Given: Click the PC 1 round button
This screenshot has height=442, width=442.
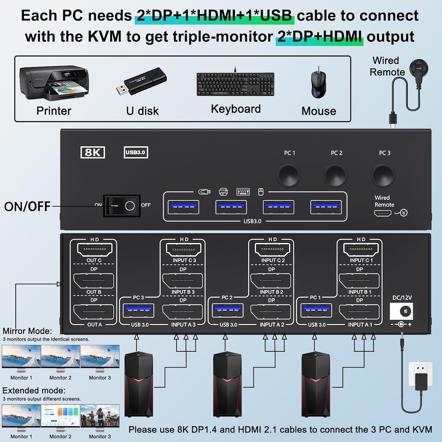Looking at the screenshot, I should pos(289,176).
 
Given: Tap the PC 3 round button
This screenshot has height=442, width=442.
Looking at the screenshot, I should pos(383,176).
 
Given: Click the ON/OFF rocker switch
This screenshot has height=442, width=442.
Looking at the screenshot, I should pos(122,206).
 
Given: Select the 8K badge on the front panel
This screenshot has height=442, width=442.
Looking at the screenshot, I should pos(93,152).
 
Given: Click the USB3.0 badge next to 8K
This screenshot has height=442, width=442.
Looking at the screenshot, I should pos(136,152).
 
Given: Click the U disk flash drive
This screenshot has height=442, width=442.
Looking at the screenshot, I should pos(141,81).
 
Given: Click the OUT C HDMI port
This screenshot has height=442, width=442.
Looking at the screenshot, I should pos(95,250).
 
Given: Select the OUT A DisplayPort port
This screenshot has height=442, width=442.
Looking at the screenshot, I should pos(94,312).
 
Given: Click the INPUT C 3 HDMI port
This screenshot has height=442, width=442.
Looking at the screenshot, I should pos(184,250).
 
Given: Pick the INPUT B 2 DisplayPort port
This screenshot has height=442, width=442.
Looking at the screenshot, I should pos(271,280).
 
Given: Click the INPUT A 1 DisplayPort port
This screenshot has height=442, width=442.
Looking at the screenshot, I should pos(359,312).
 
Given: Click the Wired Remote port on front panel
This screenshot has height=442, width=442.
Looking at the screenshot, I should pos(383,213).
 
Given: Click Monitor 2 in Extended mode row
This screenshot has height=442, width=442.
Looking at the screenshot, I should pos(60,416).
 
